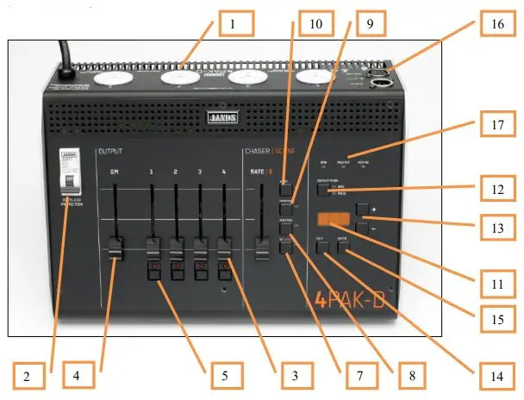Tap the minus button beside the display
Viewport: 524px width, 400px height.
(361, 230)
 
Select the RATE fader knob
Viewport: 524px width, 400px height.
(262, 253)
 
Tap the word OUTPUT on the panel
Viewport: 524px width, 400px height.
(109, 152)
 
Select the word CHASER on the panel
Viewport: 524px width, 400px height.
(256, 152)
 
